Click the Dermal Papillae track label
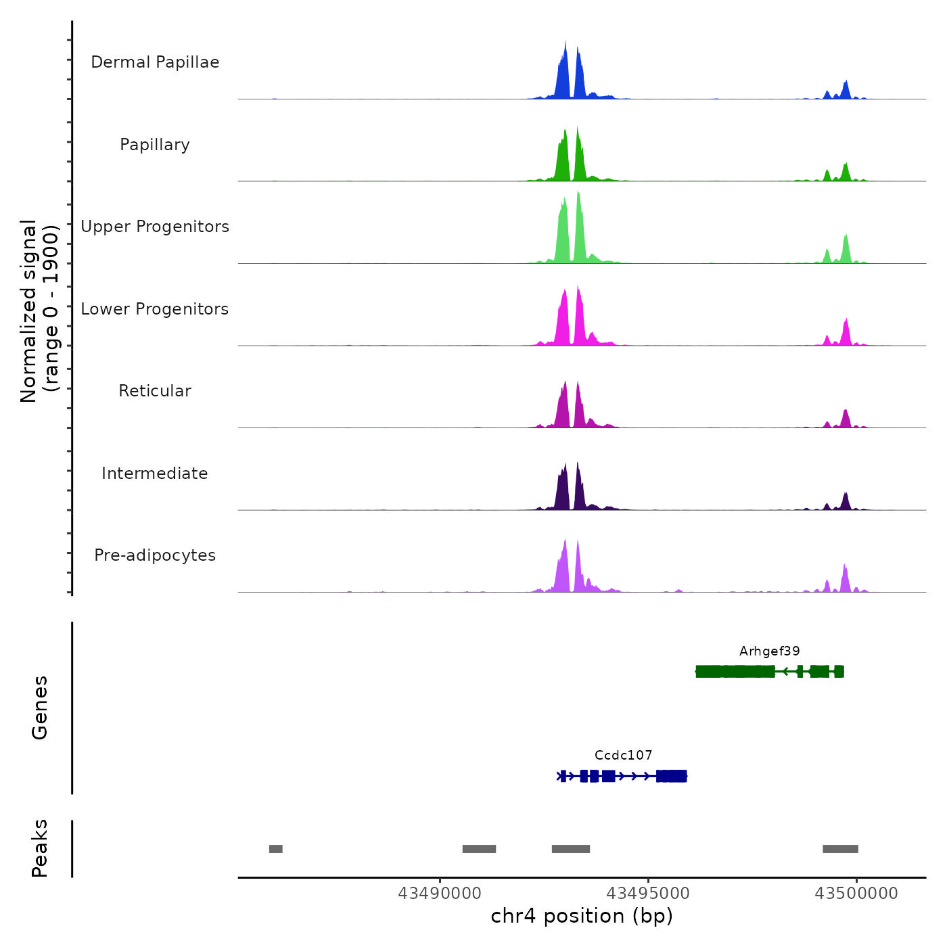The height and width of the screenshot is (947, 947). pos(155,62)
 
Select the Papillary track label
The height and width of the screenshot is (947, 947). pos(155,145)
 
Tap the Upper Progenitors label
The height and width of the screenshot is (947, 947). pos(155,227)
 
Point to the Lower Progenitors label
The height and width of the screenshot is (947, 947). pos(155,309)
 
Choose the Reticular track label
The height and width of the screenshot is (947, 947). pos(155,391)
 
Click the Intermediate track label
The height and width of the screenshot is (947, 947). pos(155,473)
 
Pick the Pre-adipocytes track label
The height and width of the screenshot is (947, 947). pos(155,555)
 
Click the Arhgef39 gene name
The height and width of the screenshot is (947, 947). pos(769,651)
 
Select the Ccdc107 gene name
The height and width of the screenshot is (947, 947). pos(623,756)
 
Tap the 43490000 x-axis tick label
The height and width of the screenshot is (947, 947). pos(440,894)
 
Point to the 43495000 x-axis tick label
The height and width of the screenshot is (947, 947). pos(648,894)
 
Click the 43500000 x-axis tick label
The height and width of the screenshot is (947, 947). pos(856,894)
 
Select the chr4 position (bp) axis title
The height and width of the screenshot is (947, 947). pos(582,917)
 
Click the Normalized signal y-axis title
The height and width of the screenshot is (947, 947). pos(39,311)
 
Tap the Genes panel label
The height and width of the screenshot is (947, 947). pos(40,708)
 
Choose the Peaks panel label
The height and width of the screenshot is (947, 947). pos(40,848)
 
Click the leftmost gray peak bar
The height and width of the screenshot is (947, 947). pos(275,849)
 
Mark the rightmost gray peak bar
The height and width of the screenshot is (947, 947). pos(840,849)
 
